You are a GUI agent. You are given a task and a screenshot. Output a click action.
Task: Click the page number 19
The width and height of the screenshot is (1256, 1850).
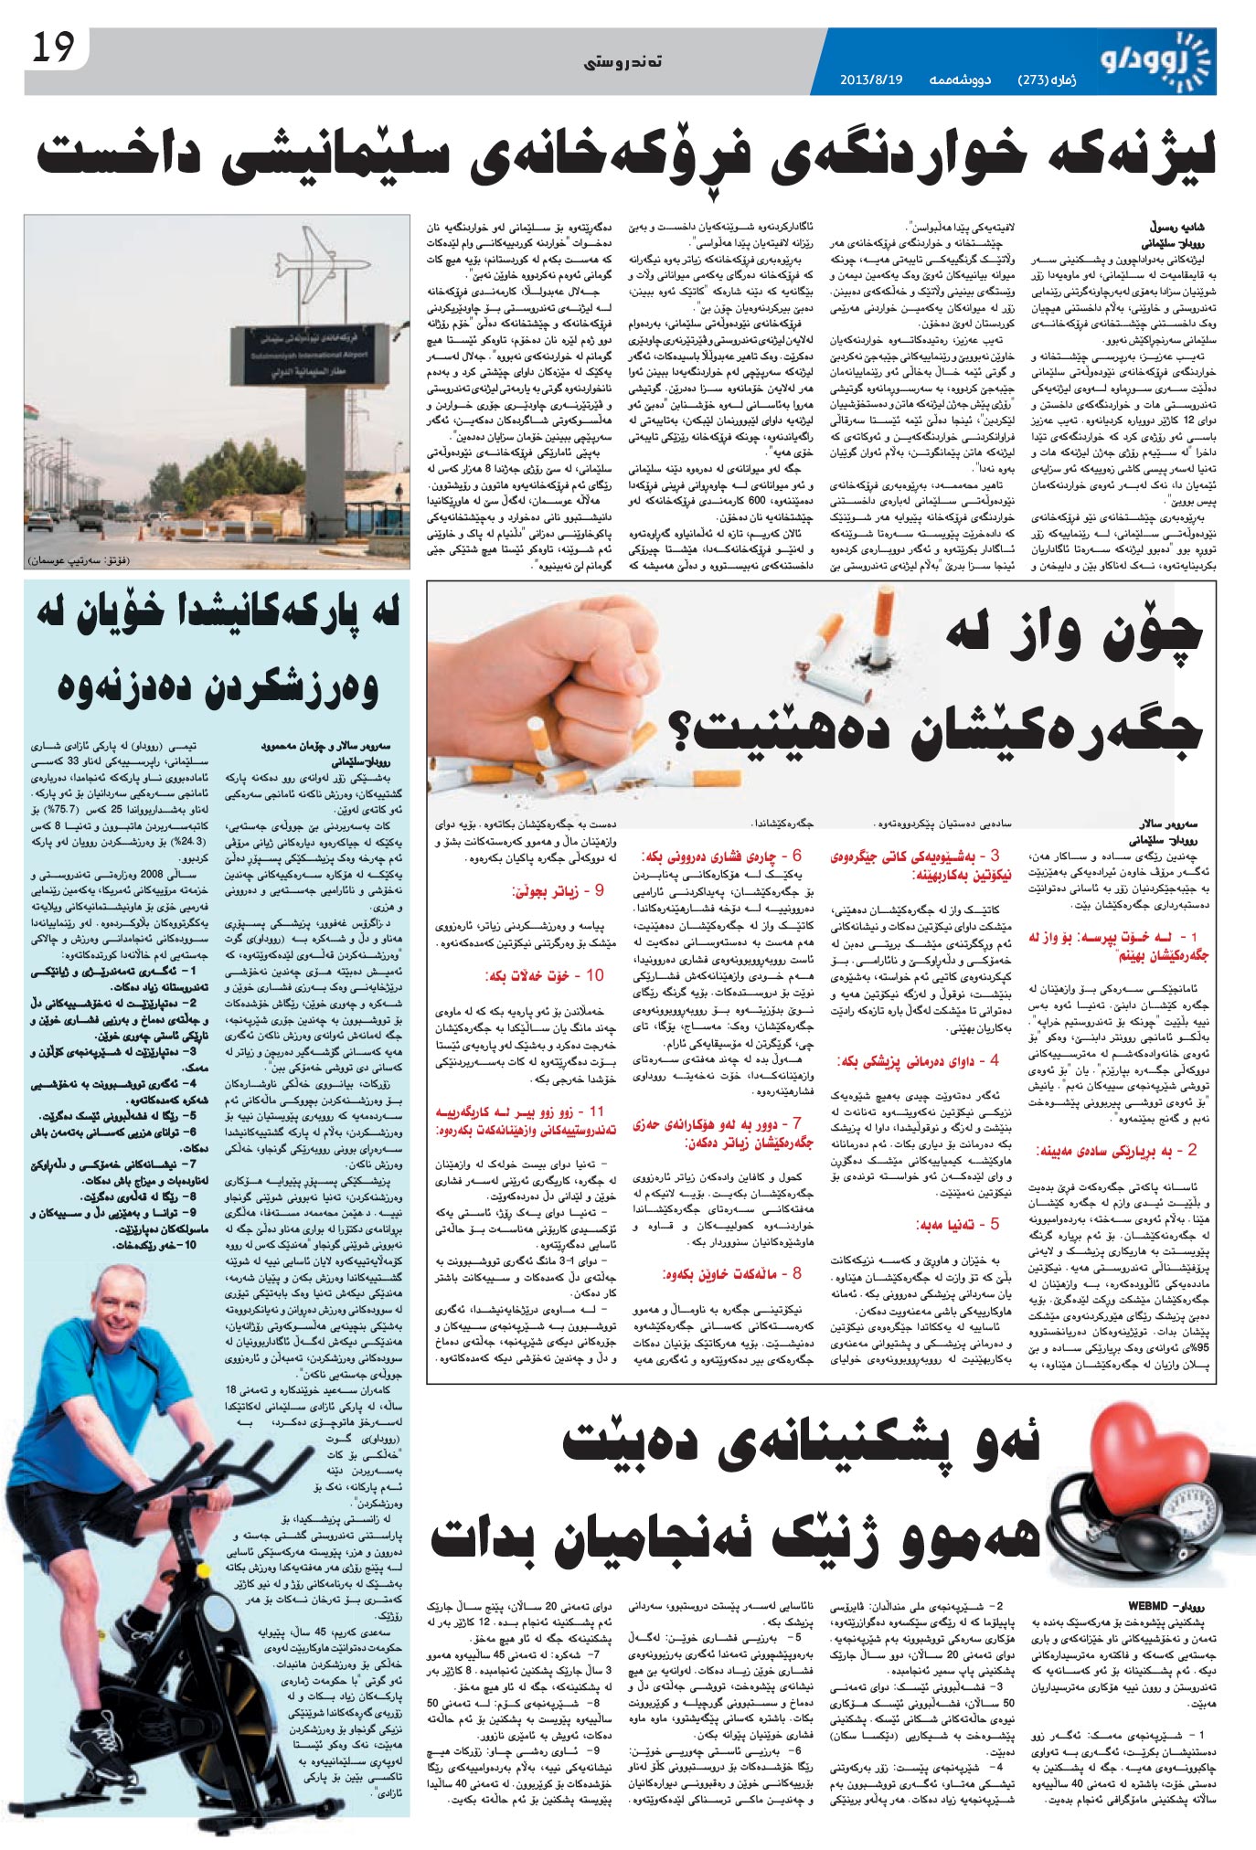pos(52,48)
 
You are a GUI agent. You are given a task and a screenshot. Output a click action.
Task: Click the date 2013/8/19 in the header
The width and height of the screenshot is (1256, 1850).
pos(870,80)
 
